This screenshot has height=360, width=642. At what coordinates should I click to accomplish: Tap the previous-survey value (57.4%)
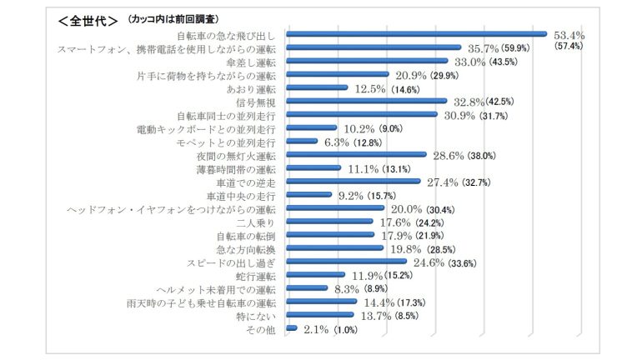point(568,47)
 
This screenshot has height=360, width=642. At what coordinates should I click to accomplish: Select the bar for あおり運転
point(317,88)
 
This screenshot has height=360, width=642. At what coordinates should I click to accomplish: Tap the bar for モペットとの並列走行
point(302,142)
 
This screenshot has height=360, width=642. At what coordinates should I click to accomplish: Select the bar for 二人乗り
point(329,222)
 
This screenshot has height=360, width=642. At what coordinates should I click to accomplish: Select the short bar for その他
point(292,329)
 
